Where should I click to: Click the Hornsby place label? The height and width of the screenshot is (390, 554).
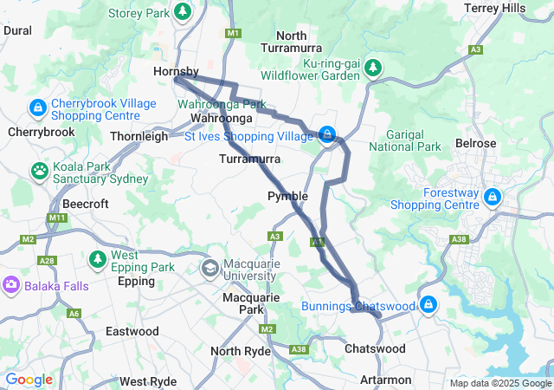[x=176, y=71]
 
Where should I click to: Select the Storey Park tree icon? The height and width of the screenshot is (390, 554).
[x=183, y=12]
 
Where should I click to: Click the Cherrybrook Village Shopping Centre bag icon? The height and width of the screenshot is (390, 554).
[x=37, y=109]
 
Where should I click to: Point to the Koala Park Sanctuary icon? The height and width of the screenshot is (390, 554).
[x=40, y=170]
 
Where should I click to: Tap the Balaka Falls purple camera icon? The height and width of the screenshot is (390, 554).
[x=10, y=284]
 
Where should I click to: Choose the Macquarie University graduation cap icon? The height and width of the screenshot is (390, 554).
[x=209, y=270]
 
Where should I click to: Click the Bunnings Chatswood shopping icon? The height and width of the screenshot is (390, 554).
[x=428, y=305]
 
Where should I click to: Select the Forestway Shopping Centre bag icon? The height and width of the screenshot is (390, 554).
[x=491, y=198]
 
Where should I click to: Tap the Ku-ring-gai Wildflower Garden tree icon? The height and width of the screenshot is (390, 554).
[x=372, y=68]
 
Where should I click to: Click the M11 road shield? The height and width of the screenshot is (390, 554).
[x=57, y=217]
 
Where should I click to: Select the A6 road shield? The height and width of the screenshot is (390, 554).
[x=74, y=313]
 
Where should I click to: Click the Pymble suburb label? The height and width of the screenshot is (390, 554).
[x=287, y=196]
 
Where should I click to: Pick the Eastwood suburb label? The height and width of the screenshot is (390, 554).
[x=132, y=331]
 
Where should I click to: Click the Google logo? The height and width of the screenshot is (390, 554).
[x=29, y=380]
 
